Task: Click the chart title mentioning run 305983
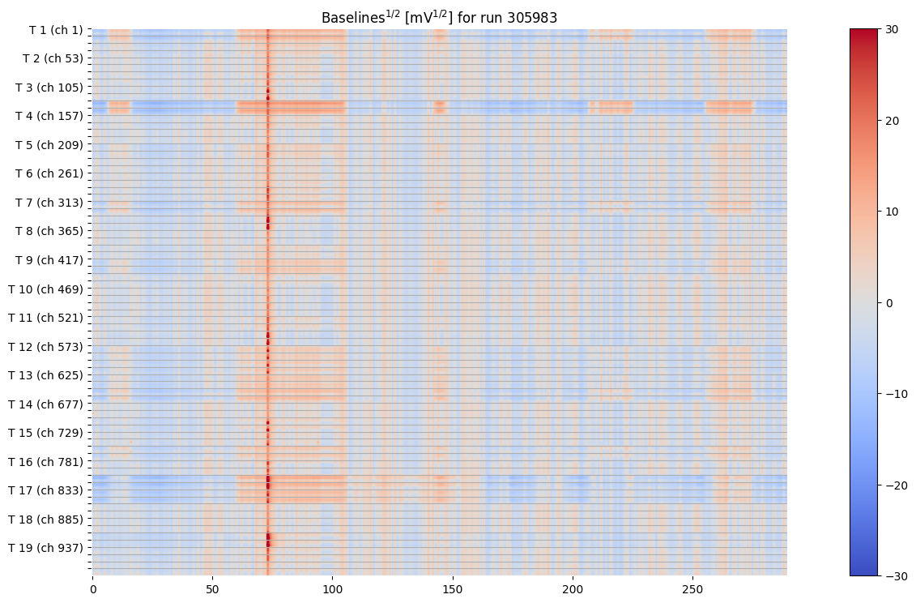(439, 17)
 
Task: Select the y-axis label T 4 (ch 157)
(49, 116)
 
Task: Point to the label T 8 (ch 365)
(49, 231)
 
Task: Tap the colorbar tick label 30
(891, 29)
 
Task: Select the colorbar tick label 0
(888, 303)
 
